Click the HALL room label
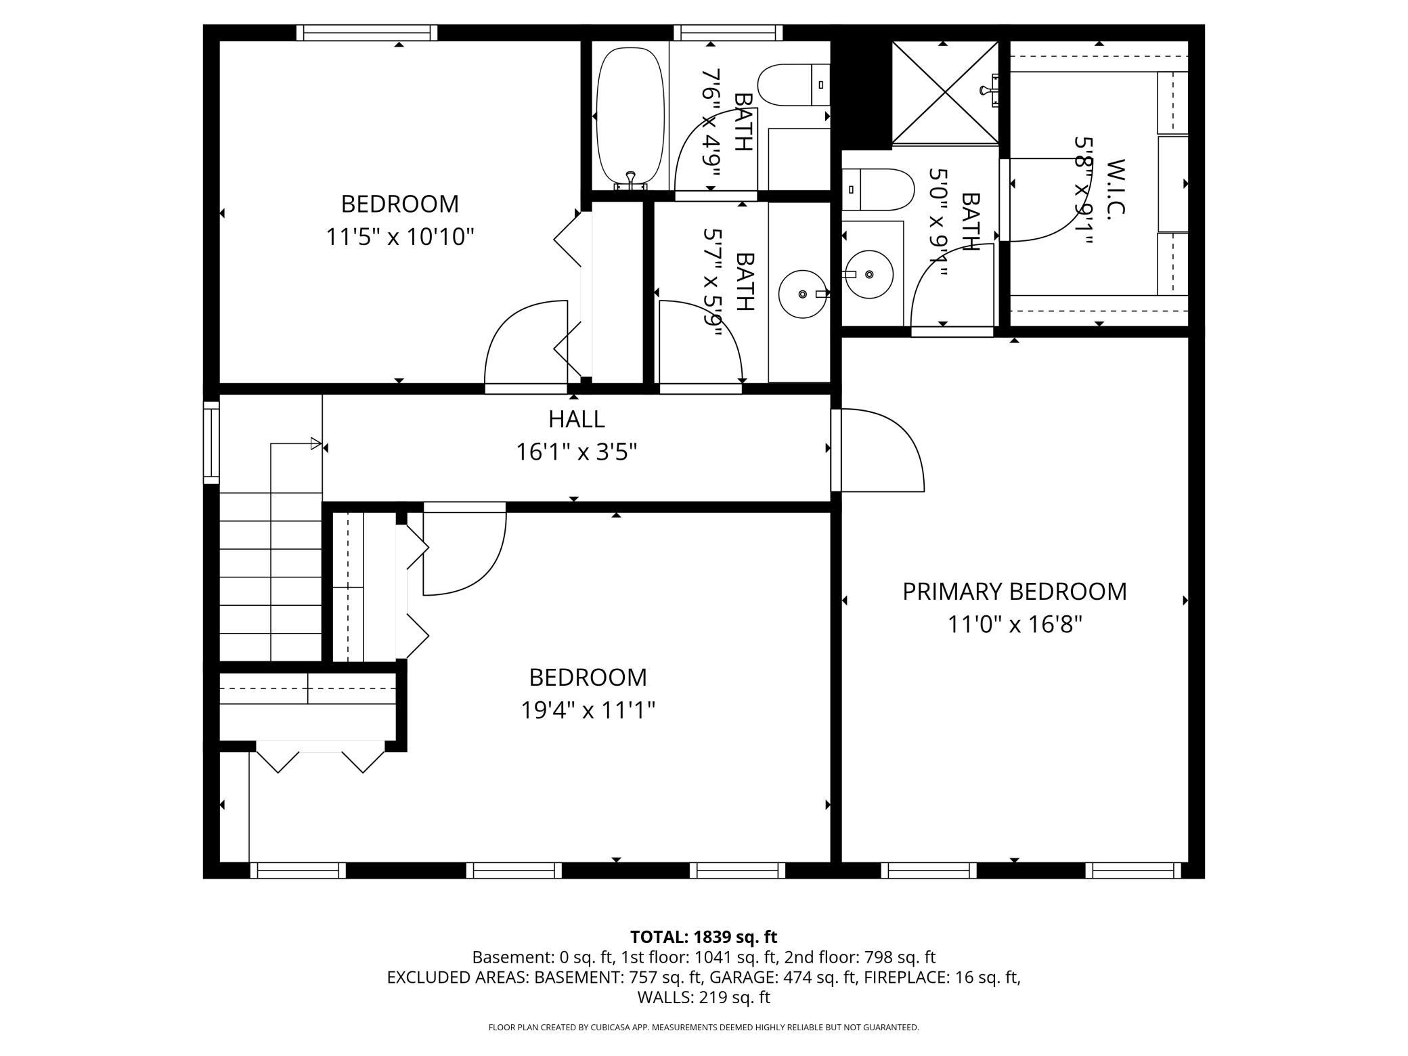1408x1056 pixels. coord(576,419)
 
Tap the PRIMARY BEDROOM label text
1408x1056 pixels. coord(1014,592)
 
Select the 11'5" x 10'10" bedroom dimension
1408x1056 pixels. coord(399,237)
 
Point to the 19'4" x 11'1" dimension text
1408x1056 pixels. coord(588,710)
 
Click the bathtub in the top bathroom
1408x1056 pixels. coord(630,118)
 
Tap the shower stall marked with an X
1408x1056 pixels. coord(944,92)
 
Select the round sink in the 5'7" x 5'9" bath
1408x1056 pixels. coord(804,294)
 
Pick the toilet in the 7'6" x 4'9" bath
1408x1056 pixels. coord(793,85)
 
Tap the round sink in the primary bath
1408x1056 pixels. coord(868,274)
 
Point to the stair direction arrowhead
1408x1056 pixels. coord(315,444)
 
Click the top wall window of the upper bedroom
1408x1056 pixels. coord(367,32)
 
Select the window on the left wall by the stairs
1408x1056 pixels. coord(211,443)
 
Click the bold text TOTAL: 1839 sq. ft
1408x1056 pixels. coord(704,937)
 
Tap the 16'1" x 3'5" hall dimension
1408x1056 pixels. coord(577,452)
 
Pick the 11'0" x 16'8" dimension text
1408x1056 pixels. coord(1015,624)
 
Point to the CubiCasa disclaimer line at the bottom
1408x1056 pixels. coord(704,1028)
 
